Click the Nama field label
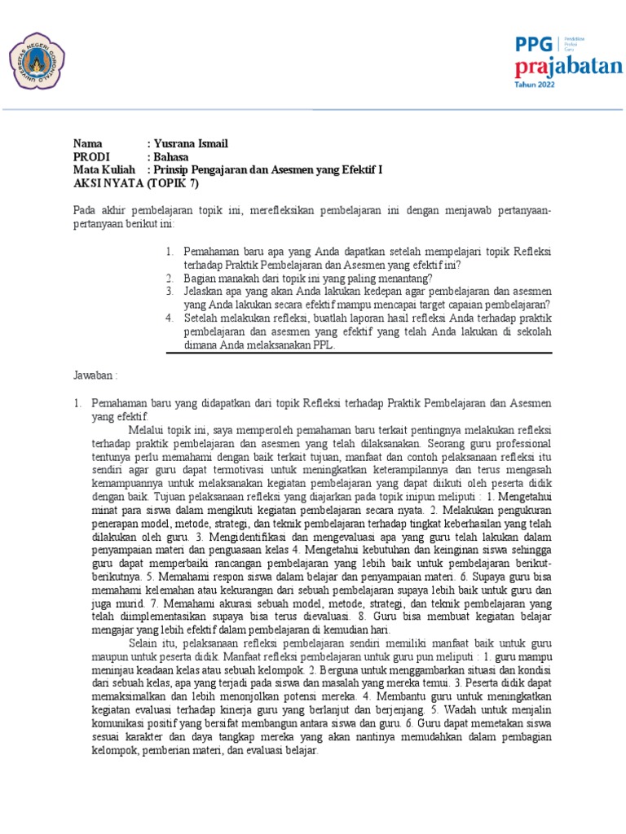89,144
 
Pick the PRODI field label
91,157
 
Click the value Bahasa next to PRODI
171,157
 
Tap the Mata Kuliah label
104,169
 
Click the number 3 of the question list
170,291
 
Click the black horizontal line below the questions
359,353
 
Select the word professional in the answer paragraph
517,444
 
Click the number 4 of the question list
170,318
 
